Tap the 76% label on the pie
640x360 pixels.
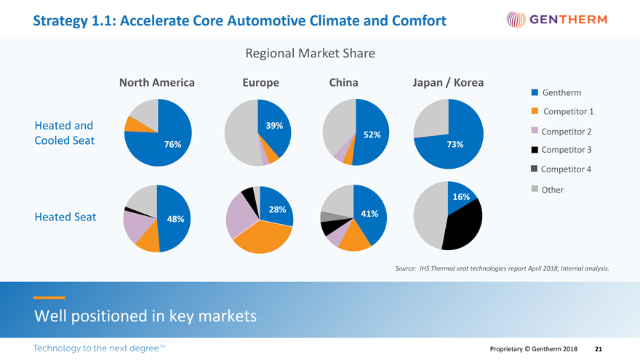(172, 144)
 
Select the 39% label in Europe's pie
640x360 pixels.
(274, 125)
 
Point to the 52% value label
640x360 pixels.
(372, 135)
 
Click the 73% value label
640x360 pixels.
(455, 144)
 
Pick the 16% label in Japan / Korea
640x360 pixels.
(461, 197)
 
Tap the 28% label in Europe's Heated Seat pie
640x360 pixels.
(276, 209)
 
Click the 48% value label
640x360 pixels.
(175, 219)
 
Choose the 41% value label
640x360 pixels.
(369, 213)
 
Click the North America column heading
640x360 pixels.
(156, 82)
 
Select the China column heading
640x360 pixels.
(343, 82)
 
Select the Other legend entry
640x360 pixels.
(552, 190)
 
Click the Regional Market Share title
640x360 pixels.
(311, 53)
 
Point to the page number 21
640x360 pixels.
(598, 349)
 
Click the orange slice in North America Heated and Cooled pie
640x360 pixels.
(133, 124)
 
